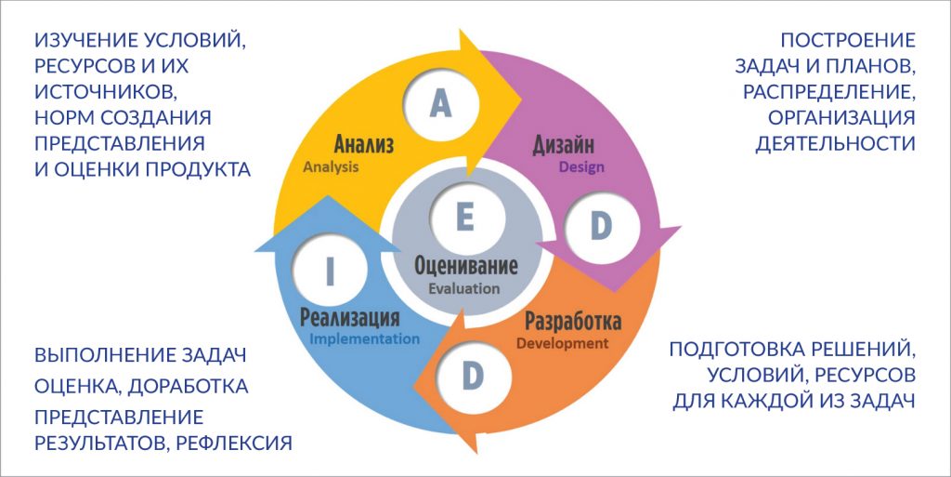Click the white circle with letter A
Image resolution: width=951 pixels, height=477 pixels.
(441, 104)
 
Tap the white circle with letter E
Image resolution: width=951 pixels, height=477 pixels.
(465, 218)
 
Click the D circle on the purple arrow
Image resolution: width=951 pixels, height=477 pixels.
(601, 227)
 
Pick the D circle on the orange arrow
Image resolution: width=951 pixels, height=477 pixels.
(473, 377)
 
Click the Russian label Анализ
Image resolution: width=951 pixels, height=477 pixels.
(364, 144)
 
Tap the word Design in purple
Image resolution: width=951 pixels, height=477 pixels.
(581, 166)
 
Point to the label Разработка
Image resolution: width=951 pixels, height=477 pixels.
(572, 321)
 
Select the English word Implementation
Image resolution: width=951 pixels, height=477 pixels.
(364, 338)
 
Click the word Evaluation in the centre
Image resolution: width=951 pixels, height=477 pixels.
(464, 289)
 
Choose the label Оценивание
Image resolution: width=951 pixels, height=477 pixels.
(466, 266)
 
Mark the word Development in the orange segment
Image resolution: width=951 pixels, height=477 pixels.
(562, 344)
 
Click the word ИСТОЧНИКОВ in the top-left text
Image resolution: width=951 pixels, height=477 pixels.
(106, 92)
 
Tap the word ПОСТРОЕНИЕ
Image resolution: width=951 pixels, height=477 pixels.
(848, 40)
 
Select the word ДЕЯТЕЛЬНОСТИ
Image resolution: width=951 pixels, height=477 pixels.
(835, 143)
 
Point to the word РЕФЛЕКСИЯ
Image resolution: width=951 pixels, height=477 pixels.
(234, 443)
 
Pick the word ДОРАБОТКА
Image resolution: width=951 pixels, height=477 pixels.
(189, 387)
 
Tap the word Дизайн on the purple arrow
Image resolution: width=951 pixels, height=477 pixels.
(564, 146)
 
